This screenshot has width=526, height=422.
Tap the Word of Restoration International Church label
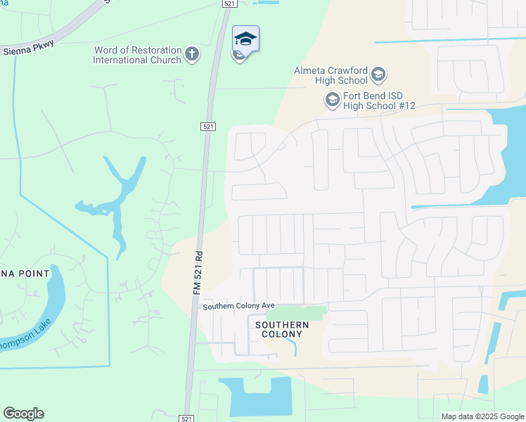tap(137, 55)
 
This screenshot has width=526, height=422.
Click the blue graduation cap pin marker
tap(245, 39)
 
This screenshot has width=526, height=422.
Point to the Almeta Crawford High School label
tap(333, 75)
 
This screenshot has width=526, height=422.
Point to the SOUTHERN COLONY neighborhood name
tap(281, 329)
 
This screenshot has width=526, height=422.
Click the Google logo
tap(23, 414)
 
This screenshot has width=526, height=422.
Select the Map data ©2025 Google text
tap(482, 416)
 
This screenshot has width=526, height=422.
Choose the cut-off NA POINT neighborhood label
tap(25, 274)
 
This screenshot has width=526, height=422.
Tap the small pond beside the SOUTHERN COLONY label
tap(295, 347)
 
